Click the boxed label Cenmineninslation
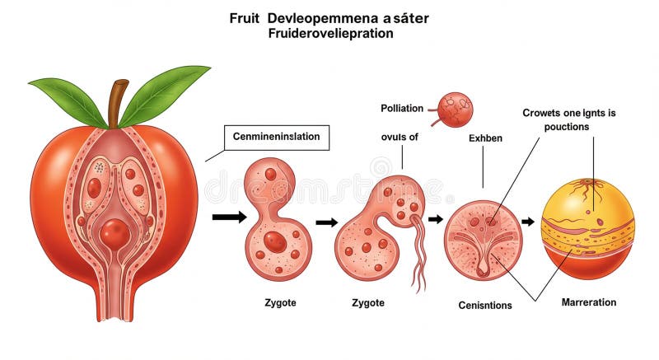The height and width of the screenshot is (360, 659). point(277,138)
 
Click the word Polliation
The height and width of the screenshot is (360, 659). point(402,108)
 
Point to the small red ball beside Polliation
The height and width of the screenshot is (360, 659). point(455,110)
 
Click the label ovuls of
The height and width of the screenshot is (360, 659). point(400,138)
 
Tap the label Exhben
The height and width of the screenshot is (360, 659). point(484,138)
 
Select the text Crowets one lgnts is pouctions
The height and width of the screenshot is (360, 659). point(568,120)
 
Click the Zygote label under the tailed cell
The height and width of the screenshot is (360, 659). point(367,303)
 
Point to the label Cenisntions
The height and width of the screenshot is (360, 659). point(485,305)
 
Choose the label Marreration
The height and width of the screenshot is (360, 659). point(589,302)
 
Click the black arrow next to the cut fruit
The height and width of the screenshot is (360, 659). point(228,217)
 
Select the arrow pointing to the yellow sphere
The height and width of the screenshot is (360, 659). point(528,222)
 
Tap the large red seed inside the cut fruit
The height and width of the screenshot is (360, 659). point(115,234)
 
